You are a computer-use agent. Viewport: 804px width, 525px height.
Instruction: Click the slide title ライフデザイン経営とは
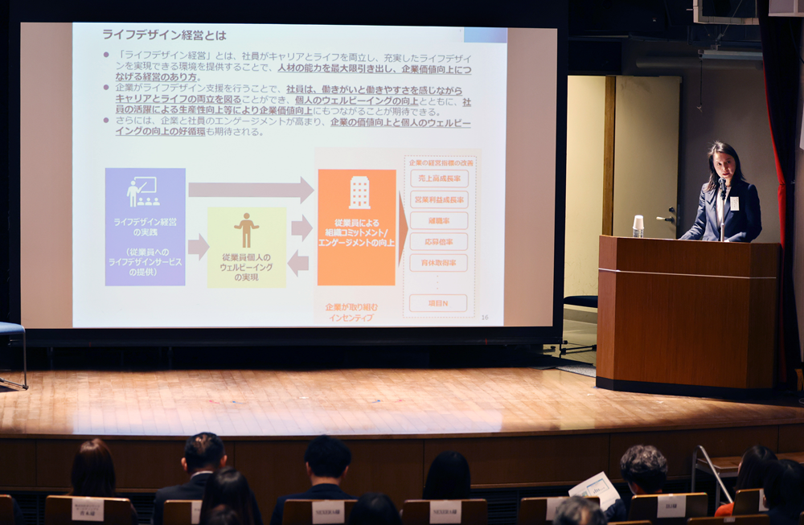coord(164,35)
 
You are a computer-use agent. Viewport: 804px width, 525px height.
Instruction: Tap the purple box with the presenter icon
coord(145,227)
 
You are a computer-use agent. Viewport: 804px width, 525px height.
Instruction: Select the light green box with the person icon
coord(247,247)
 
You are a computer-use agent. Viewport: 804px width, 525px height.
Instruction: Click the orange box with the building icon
coord(357,227)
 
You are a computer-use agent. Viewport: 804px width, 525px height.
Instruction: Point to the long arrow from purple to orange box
coord(250,190)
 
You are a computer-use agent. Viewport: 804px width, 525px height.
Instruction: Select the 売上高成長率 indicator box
coord(439,178)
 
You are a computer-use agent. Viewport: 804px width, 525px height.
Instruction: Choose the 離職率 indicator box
coord(439,220)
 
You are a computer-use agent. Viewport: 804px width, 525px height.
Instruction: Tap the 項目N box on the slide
coord(438,303)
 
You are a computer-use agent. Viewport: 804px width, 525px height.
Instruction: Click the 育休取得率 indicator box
coord(439,262)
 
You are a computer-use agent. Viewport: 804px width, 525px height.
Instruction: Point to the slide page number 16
coord(484,318)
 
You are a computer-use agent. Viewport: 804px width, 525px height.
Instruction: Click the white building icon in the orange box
coord(359,192)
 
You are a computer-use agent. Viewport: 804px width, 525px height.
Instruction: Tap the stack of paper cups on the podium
coord(638,226)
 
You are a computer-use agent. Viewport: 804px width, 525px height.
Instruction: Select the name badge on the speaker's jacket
coord(733,203)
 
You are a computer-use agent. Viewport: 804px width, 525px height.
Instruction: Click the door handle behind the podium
coord(667,217)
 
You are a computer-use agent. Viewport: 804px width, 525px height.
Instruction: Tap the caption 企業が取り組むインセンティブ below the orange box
coord(351,312)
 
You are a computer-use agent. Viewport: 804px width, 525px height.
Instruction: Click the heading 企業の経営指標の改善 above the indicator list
coord(441,162)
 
